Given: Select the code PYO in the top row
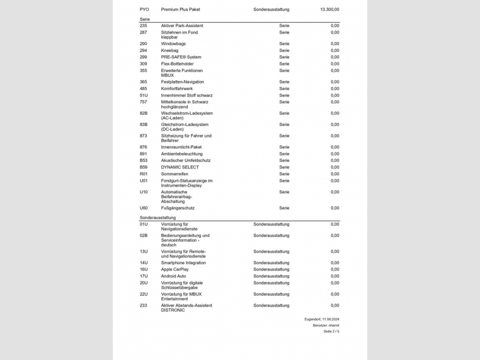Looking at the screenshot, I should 145,10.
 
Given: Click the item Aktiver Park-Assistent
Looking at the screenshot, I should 182,26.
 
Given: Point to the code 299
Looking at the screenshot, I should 143,57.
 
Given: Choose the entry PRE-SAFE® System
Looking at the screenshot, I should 181,57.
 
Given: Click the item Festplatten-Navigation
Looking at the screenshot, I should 182,82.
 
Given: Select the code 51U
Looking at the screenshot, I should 143,95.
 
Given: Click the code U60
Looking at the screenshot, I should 143,208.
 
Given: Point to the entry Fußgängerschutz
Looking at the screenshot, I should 178,208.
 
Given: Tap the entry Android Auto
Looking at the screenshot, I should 174,276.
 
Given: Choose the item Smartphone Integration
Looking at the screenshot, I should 183,263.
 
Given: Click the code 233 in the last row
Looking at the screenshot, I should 143,305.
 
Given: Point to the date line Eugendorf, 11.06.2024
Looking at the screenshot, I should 322,319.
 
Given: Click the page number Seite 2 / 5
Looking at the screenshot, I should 331,331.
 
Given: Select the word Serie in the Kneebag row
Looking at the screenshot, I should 284,50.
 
